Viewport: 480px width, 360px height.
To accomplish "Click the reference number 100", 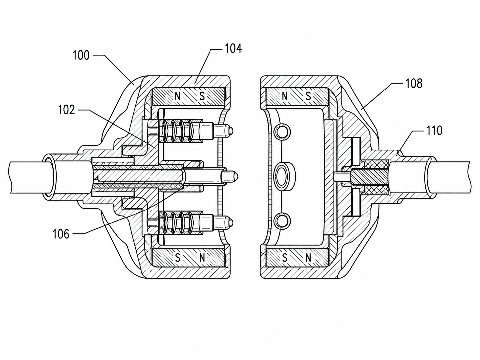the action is pos(81,55).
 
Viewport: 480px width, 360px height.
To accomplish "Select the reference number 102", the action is pos(67,110).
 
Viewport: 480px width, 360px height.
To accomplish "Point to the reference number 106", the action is pos(61,234).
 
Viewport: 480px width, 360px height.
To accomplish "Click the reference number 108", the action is pos(414,83).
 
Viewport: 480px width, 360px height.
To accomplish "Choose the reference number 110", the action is pos(434,131).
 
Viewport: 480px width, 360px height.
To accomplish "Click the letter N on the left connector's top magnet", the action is pos(178,96).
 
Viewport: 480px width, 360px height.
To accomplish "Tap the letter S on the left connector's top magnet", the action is pos(202,96).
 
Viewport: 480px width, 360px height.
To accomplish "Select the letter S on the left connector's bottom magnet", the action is pos(178,258).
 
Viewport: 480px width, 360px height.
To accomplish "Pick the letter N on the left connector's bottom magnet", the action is pos(202,258).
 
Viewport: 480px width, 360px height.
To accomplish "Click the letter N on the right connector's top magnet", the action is pos(284,96).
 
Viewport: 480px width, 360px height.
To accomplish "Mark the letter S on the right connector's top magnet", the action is pos(308,96).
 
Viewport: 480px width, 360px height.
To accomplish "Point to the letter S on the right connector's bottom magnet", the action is pos(284,258).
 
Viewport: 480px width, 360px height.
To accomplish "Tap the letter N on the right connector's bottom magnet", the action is pos(308,258).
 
